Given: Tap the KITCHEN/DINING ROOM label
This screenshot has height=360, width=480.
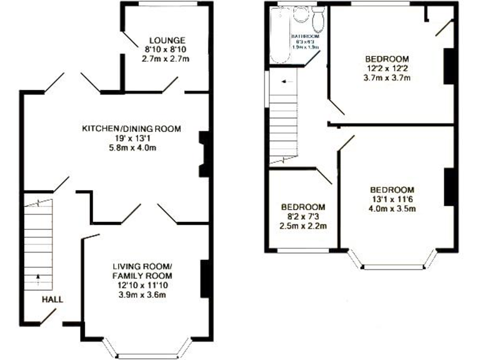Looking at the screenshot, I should [x=132, y=129].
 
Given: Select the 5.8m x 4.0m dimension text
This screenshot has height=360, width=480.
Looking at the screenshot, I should [x=132, y=147].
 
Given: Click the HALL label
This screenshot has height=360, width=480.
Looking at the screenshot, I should [x=52, y=299].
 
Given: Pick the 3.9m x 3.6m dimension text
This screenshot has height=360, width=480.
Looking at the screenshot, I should [x=142, y=294].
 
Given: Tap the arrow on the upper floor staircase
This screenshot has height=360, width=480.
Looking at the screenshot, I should [x=286, y=81].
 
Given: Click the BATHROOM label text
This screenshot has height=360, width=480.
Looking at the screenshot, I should [x=304, y=37].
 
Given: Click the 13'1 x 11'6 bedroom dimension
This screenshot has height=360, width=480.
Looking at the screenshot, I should [x=392, y=199].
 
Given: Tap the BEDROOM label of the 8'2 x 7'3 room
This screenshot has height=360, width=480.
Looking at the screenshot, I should [x=303, y=207].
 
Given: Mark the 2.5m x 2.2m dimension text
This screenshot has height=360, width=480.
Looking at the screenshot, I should [x=303, y=226].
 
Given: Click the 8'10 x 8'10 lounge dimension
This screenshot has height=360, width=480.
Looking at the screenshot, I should [x=166, y=49].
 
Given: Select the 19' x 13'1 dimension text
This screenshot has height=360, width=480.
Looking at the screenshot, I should [x=132, y=138].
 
